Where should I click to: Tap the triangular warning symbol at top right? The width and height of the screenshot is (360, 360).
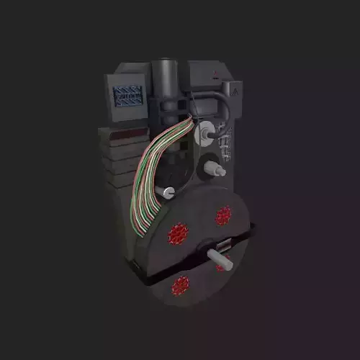pyautogui.click(x=235, y=90)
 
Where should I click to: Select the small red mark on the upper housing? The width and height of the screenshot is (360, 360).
pyautogui.click(x=216, y=73)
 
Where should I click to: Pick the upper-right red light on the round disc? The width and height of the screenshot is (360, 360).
pyautogui.click(x=224, y=215)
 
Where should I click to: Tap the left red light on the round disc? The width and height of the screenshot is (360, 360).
pyautogui.click(x=177, y=233)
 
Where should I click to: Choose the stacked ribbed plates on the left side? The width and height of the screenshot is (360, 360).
pyautogui.click(x=119, y=162)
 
